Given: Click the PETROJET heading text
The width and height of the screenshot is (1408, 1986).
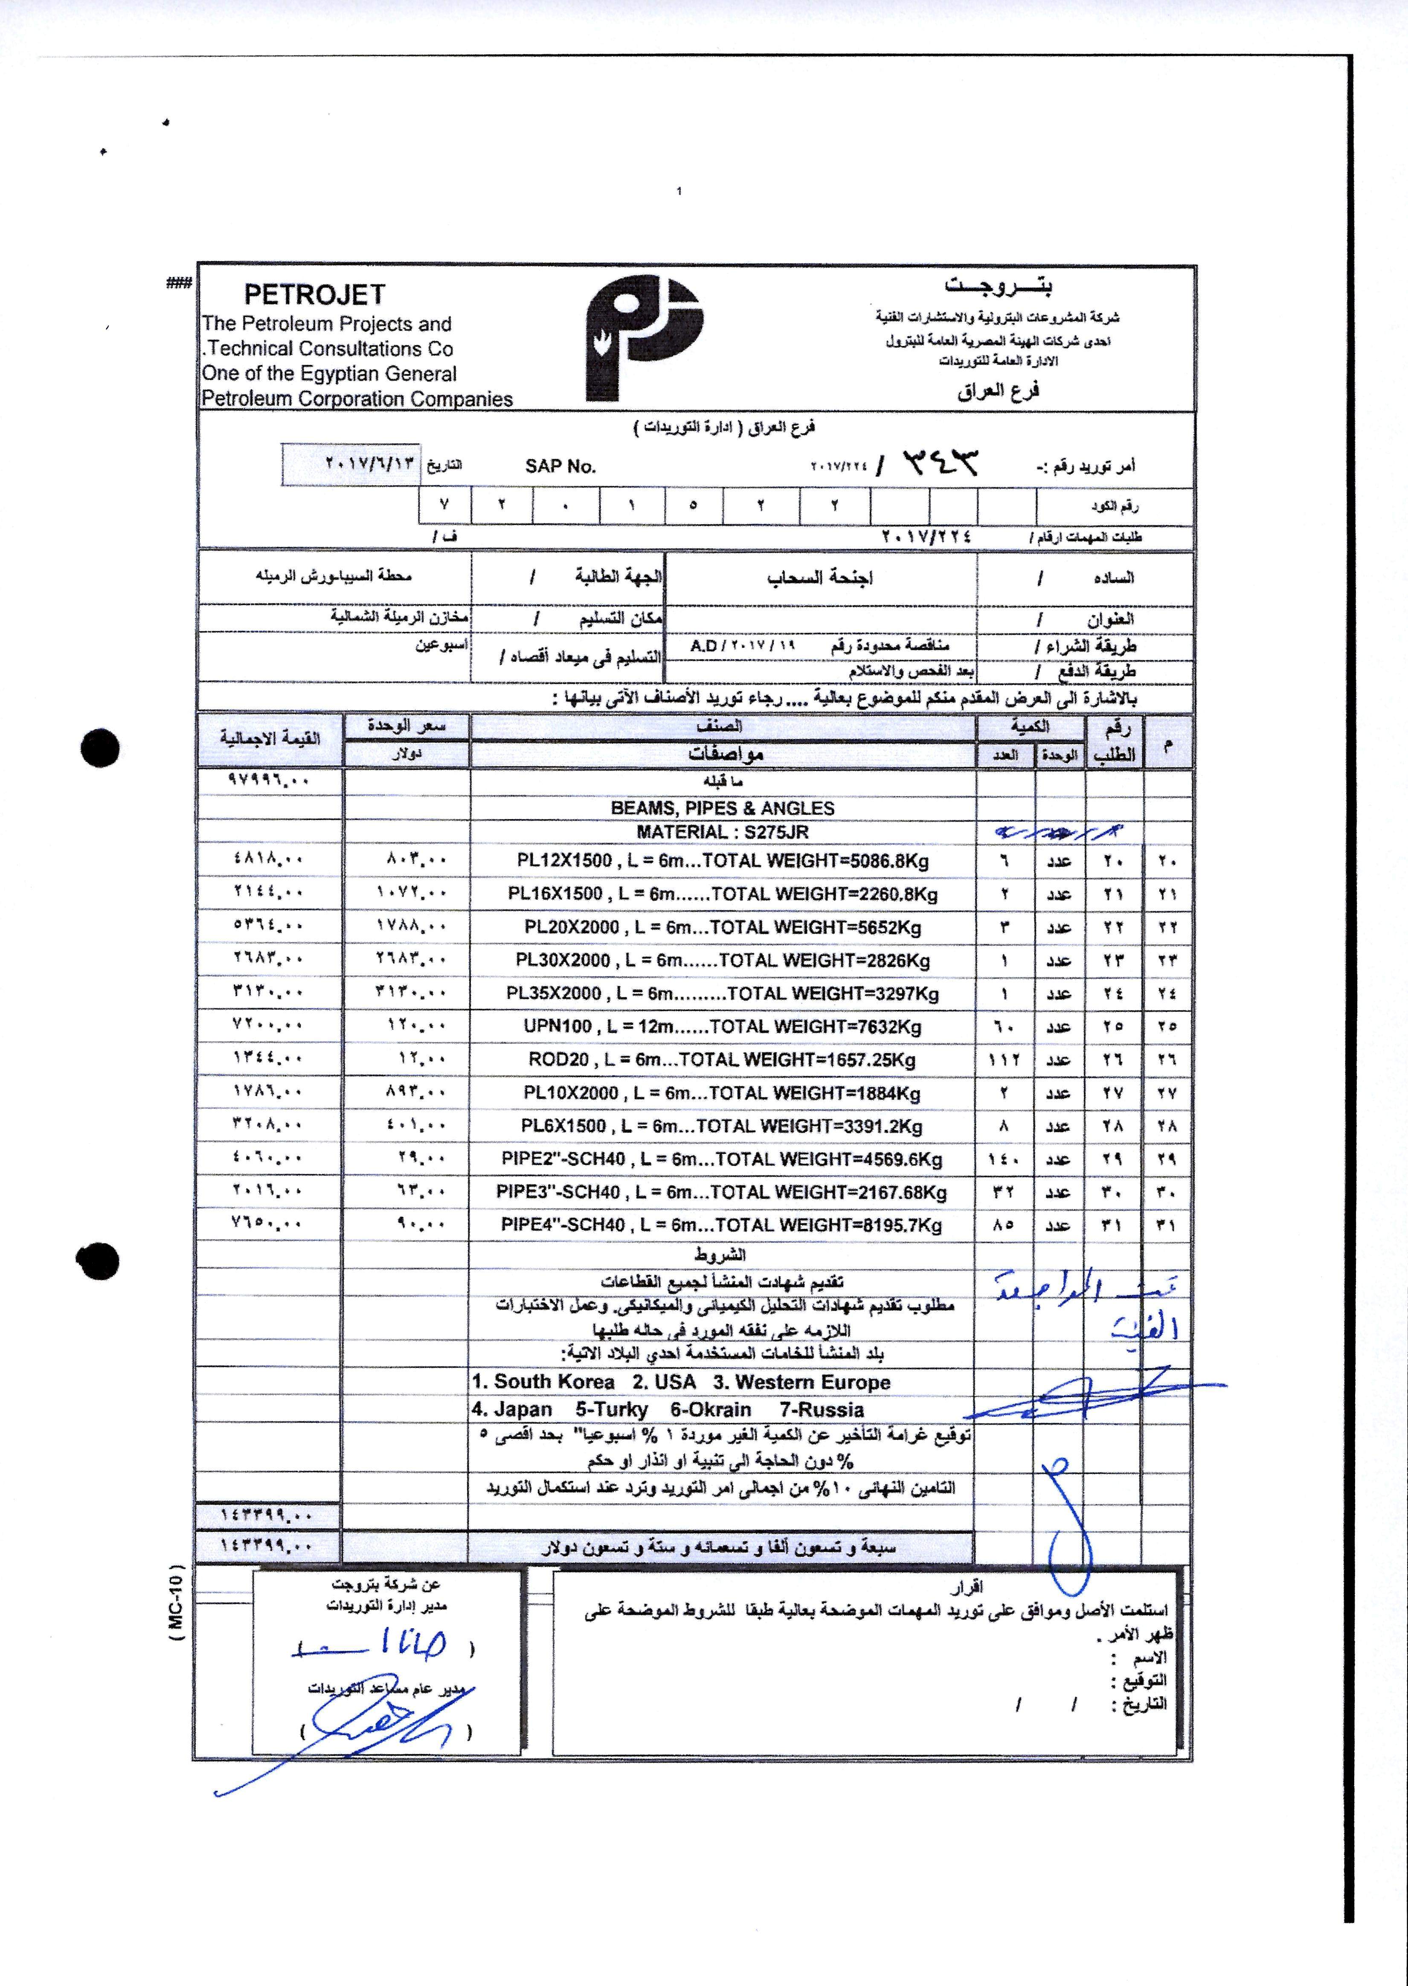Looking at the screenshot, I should point(314,295).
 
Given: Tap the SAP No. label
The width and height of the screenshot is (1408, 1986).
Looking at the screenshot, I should point(560,466).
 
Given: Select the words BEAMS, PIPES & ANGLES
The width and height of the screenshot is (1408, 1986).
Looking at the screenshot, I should point(722,808).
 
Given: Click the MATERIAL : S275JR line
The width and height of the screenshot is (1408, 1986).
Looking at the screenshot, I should point(722,832).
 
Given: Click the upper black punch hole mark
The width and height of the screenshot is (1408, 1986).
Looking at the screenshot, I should point(100,747).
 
